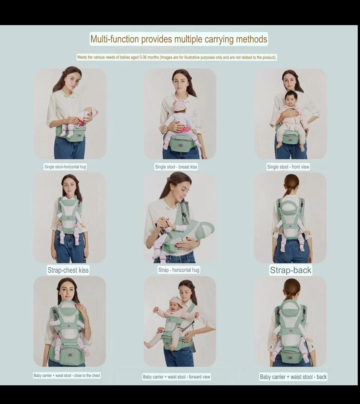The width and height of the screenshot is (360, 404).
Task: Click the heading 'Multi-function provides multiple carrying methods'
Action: click(x=179, y=39)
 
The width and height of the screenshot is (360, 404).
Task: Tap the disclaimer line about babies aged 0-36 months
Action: click(x=177, y=57)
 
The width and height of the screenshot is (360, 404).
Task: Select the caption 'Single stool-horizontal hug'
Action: click(x=65, y=167)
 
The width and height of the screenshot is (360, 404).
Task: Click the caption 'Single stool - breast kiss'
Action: click(x=176, y=167)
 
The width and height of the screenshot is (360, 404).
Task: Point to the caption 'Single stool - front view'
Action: click(x=288, y=167)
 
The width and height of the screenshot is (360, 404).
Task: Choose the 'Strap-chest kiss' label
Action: click(x=68, y=270)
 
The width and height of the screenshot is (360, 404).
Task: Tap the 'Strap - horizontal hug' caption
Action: click(x=179, y=270)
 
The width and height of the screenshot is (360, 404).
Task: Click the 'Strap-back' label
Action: click(x=290, y=270)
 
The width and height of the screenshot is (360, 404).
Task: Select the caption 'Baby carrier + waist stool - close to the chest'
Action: click(x=67, y=376)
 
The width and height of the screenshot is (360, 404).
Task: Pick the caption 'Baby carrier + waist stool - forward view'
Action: click(x=177, y=377)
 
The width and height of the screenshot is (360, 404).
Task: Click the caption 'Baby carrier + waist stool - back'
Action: click(x=293, y=377)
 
